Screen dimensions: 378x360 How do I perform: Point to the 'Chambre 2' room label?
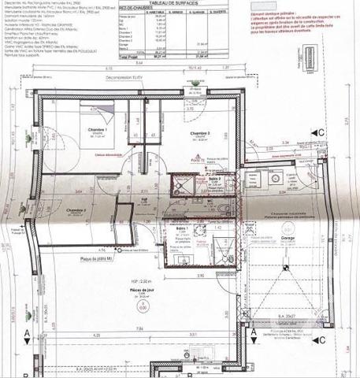[76, 211]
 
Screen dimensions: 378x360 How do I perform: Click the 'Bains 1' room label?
[181, 228]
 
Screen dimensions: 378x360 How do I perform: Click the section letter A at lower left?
[26, 334]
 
